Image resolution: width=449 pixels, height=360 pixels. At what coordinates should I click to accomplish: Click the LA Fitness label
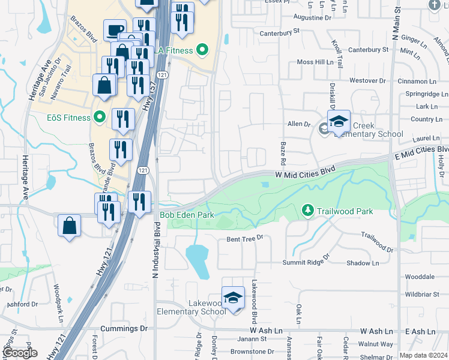point(175,50)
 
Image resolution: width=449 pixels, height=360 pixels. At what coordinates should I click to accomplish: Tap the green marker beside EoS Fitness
point(100,118)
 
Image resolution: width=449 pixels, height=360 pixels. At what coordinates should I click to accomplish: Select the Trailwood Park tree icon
point(307,210)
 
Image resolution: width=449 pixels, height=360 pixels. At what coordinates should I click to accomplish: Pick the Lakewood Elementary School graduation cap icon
point(233,296)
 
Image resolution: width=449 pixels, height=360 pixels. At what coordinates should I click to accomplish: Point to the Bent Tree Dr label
point(245,239)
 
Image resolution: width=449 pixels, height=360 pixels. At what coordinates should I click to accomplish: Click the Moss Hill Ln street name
point(315,62)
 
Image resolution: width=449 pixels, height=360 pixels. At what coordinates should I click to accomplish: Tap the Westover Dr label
point(367,80)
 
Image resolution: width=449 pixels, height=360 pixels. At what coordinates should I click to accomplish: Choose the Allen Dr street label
point(298,124)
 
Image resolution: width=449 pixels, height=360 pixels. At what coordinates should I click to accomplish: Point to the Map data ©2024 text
point(424,355)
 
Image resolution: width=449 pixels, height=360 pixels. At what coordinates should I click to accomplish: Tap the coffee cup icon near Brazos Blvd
point(115,30)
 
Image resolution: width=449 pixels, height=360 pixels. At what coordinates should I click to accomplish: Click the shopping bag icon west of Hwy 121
point(70,226)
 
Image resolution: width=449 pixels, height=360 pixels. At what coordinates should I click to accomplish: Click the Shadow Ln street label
point(363,263)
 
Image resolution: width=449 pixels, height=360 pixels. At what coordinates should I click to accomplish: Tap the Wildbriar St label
point(422,295)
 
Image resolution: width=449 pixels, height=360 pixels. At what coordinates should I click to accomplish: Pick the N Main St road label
point(396,24)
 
